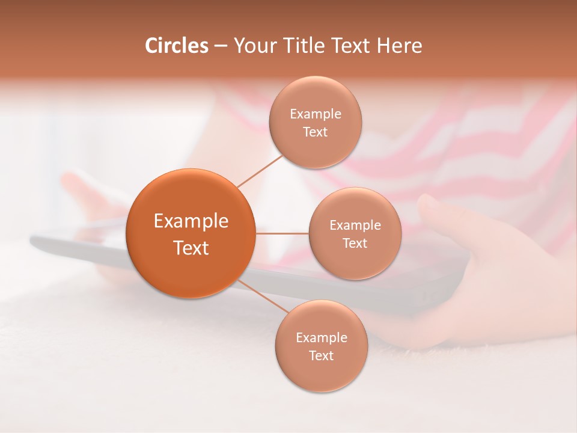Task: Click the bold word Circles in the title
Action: [176, 46]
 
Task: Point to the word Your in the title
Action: [252, 46]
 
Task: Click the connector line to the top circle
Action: [260, 171]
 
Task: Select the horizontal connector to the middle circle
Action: [282, 233]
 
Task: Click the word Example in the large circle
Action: [191, 221]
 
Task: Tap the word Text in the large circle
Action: [191, 248]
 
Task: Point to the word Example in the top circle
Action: [315, 114]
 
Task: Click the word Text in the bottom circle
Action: [321, 355]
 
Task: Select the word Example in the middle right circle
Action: [355, 225]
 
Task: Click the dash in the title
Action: [221, 46]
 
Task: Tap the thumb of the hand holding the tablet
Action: [436, 207]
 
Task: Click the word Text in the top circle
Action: [315, 132]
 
